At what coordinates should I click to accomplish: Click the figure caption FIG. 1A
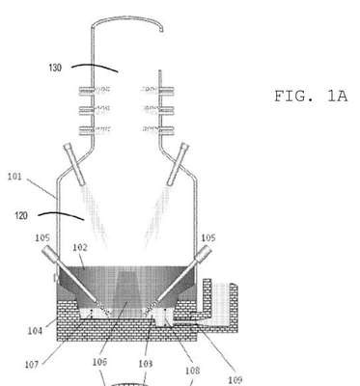311,96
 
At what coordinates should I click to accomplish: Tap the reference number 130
55,68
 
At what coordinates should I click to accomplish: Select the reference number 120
21,215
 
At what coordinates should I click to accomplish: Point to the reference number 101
14,177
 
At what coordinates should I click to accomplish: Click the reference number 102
80,247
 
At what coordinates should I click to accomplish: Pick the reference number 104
35,330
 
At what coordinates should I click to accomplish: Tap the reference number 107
32,365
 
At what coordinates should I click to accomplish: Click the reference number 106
99,362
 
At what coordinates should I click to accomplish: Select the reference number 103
146,364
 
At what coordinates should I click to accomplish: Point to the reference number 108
192,371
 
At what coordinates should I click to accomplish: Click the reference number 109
235,380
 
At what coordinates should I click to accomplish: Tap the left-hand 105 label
42,237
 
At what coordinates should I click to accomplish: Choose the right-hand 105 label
208,237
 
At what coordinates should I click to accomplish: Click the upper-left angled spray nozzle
74,164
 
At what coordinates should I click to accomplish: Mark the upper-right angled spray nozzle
178,164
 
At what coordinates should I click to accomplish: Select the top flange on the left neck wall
87,91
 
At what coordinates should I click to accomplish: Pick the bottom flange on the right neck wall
166,130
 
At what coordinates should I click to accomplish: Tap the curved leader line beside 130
95,68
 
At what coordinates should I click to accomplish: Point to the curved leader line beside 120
61,215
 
